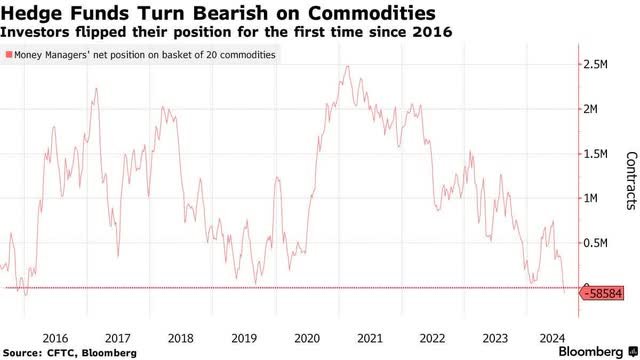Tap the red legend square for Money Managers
(x=7, y=55)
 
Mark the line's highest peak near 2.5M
(x=346, y=67)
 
